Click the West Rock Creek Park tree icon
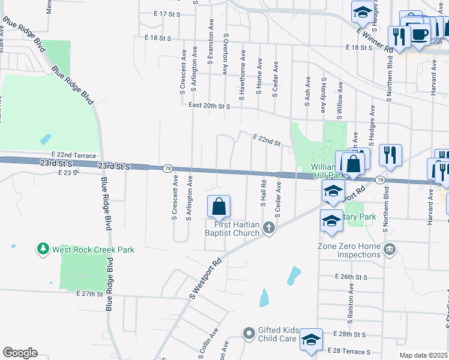click(x=43, y=248)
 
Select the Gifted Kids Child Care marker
click(x=250, y=332)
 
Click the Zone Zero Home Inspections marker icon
click(x=390, y=248)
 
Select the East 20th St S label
click(x=209, y=106)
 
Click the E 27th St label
click(x=91, y=293)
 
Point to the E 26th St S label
click(x=351, y=277)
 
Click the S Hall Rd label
click(x=263, y=192)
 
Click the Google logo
click(x=20, y=353)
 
